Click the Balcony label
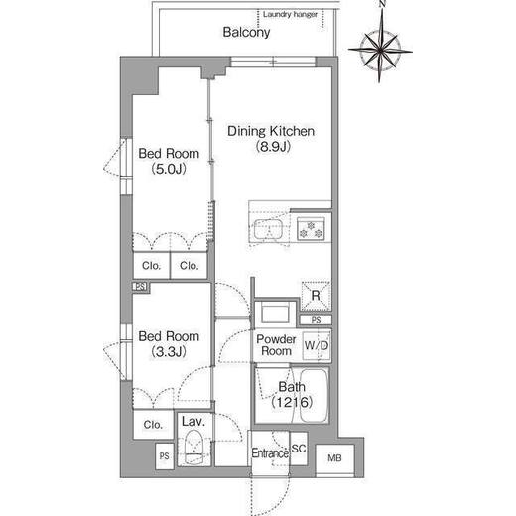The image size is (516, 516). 246,32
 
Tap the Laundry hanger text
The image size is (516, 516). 290,15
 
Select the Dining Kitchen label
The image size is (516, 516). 271,131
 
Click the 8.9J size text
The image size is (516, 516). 273,147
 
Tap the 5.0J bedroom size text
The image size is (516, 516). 169,169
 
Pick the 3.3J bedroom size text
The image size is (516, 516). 169,352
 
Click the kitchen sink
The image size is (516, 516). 268,229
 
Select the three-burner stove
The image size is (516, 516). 311,229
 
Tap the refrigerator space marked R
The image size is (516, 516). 316,296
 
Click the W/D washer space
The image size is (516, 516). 317,346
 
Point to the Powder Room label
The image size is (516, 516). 276,345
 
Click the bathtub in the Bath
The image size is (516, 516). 315,395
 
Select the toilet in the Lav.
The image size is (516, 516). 194,448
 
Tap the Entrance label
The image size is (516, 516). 270,452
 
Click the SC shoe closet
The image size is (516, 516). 299,449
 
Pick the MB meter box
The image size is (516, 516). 334,458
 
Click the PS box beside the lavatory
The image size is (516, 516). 165,456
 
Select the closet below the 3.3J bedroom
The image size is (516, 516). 153,425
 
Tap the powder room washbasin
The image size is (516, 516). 275,314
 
